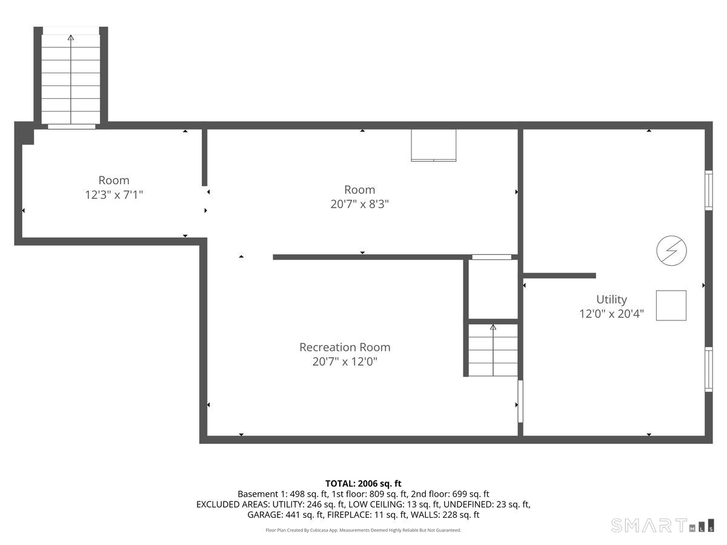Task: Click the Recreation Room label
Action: [345, 347]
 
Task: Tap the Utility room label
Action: [611, 299]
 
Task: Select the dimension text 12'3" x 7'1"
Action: [114, 195]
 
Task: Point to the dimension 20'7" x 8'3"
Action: [359, 204]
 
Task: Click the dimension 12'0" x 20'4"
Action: [611, 314]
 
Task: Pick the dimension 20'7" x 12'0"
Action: [345, 362]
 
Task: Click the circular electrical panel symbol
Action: [672, 251]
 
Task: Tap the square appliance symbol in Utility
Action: [671, 305]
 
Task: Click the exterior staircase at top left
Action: [71, 79]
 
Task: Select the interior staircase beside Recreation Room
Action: [493, 351]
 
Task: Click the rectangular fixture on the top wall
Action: [434, 145]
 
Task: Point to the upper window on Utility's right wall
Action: [708, 190]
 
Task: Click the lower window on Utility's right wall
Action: [708, 369]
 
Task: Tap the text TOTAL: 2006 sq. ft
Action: [363, 483]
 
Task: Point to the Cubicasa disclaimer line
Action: [363, 530]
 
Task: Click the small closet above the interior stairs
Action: [493, 289]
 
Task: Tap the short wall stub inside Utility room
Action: [559, 276]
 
